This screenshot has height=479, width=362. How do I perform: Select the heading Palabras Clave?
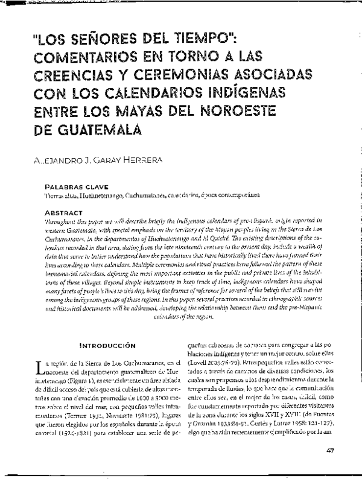point(71,188)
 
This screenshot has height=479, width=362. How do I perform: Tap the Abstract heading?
point(63,213)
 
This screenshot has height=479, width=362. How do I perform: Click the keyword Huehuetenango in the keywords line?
point(100,196)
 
